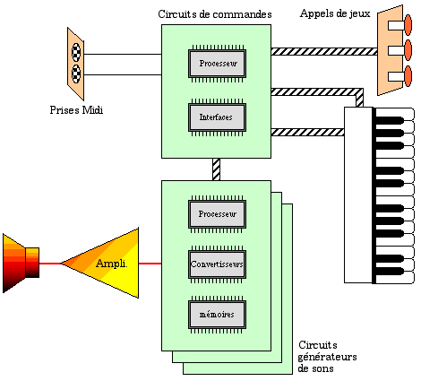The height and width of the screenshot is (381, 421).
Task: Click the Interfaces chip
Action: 217,117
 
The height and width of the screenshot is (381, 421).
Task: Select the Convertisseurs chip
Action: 217,264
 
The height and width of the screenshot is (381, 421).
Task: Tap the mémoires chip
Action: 217,315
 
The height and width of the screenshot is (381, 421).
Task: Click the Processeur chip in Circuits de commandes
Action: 217,64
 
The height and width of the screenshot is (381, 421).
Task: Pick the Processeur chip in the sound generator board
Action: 217,214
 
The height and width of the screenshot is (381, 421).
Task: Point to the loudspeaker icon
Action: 21,264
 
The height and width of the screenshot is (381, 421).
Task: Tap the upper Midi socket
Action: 76,52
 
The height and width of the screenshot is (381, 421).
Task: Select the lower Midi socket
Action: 76,74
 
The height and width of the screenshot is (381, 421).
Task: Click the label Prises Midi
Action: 76,110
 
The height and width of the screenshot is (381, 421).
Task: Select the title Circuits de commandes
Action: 215,14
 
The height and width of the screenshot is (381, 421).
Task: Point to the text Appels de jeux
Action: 335,13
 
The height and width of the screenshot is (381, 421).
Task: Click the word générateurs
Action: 327,357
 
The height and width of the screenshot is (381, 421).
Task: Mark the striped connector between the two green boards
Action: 216,169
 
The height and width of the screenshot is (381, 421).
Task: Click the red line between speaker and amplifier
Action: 50,264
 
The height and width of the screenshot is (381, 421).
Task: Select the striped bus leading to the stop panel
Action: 324,52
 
